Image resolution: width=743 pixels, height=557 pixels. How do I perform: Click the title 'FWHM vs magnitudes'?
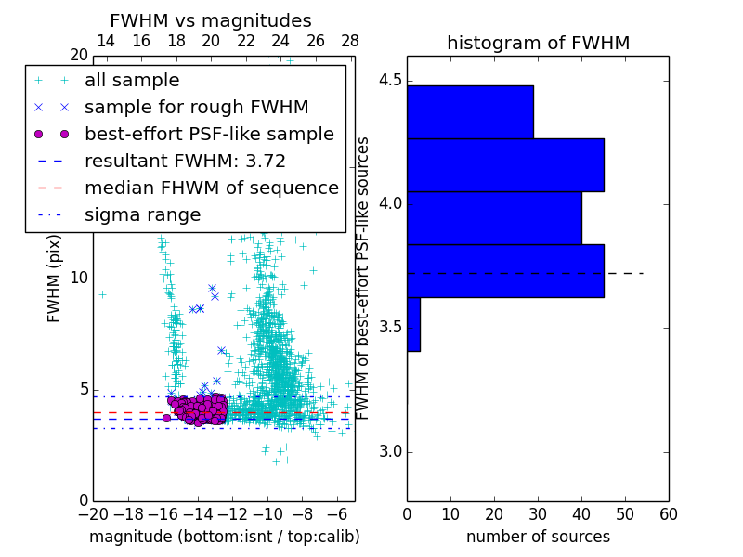(x=210, y=21)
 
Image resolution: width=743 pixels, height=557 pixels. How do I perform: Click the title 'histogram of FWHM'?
(x=538, y=44)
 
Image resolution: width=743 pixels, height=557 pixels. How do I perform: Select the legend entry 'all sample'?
(x=132, y=81)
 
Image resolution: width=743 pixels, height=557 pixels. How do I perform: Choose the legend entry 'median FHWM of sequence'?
(x=211, y=188)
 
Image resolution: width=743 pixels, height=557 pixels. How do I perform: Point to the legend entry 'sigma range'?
(x=142, y=215)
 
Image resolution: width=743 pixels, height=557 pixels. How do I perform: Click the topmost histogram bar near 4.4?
(x=470, y=112)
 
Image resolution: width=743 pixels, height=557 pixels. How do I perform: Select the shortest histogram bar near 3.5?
(x=413, y=324)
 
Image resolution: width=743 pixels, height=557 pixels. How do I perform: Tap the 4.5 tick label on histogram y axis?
(x=389, y=81)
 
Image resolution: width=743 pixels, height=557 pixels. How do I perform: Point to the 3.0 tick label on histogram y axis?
(x=389, y=452)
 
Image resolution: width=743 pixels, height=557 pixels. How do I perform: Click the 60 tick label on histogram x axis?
(x=668, y=514)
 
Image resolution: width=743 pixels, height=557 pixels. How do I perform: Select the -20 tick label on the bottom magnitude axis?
(x=93, y=514)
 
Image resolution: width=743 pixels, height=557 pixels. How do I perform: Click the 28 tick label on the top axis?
(x=350, y=42)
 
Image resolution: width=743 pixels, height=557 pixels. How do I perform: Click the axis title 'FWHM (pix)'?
(x=55, y=278)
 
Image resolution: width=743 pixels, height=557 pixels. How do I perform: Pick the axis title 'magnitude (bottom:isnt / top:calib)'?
(x=224, y=537)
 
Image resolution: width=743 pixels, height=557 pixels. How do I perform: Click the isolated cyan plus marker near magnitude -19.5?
(x=102, y=294)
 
